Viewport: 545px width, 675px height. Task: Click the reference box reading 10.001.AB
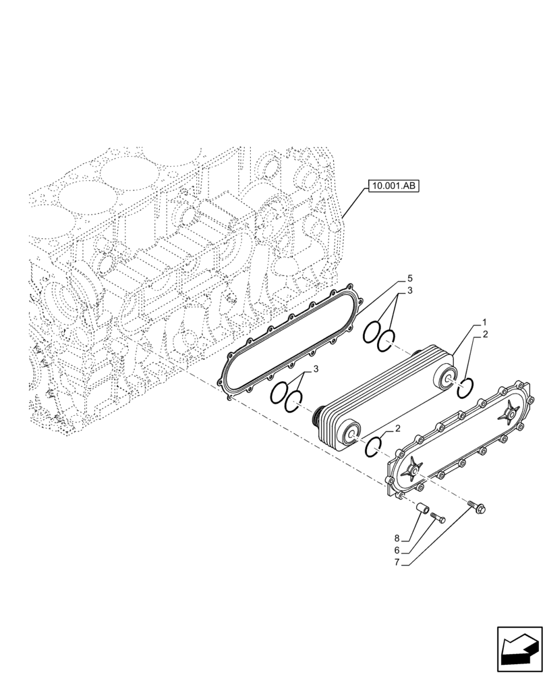tap(394, 186)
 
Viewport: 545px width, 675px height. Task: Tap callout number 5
tap(409, 278)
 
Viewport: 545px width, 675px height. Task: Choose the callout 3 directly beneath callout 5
tap(409, 292)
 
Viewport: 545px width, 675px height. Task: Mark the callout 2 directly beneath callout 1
tap(484, 334)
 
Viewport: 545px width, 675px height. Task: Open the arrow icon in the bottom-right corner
tap(519, 651)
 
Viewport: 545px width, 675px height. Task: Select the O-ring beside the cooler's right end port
tap(465, 388)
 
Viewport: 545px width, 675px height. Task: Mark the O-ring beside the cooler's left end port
tap(375, 446)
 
